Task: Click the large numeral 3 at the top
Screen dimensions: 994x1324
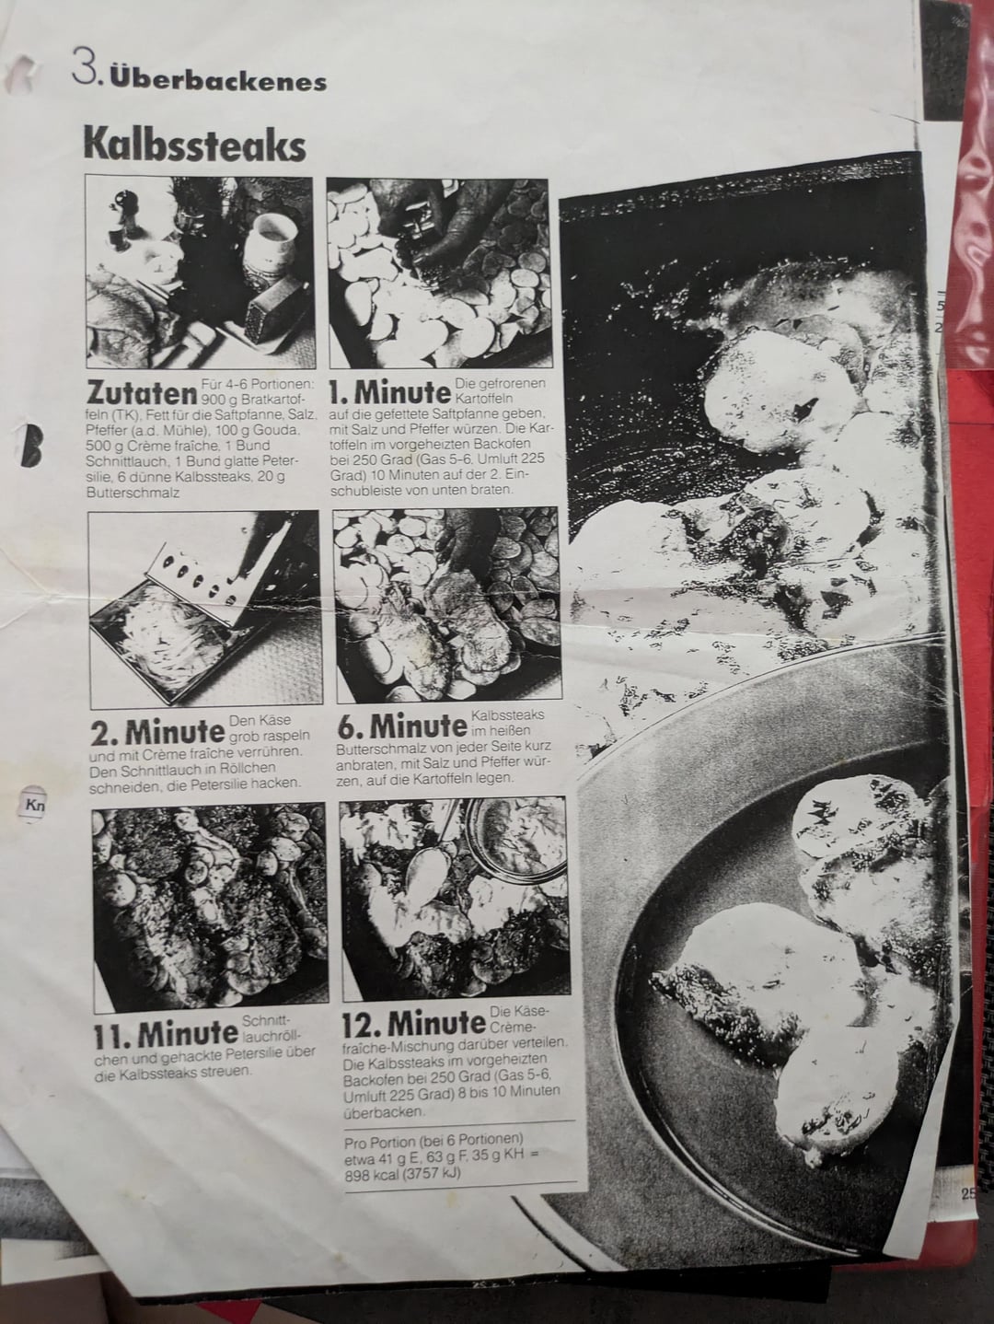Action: [x=85, y=67]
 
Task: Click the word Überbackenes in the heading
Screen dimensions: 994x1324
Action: [x=218, y=81]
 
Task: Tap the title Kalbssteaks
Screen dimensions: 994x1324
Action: [x=194, y=144]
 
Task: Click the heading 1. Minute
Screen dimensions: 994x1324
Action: [x=390, y=393]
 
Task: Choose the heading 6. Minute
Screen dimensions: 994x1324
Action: [x=400, y=726]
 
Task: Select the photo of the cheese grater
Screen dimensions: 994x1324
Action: [x=204, y=610]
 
